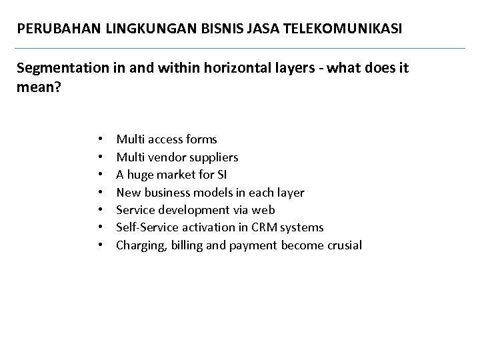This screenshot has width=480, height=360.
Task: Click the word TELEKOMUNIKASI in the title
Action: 353,30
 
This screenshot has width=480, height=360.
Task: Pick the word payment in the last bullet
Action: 253,245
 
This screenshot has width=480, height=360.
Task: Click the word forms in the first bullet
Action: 202,139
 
